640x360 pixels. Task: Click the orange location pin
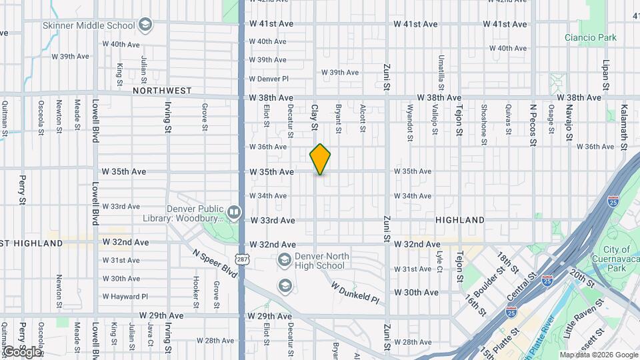[320, 159]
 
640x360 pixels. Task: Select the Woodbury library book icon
[234, 212]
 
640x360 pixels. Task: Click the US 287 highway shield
[241, 257]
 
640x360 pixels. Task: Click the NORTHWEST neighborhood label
[162, 91]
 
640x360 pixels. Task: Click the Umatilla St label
[441, 73]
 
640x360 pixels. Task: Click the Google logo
[21, 351]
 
